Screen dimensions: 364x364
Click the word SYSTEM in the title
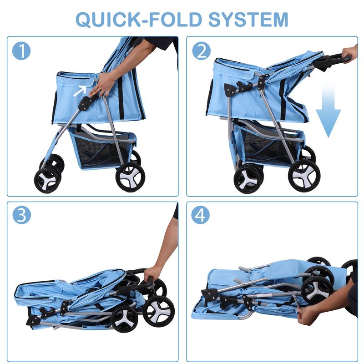(x=248, y=20)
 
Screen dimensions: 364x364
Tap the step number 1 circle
(x=21, y=51)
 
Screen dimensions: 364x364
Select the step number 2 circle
(x=201, y=51)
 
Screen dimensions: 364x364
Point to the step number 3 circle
(x=21, y=215)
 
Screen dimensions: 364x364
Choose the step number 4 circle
(x=200, y=215)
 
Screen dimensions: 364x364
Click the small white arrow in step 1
(x=80, y=91)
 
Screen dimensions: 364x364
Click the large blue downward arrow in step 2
(x=328, y=110)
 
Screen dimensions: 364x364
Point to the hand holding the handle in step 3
(x=152, y=274)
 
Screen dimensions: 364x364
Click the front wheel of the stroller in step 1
(x=48, y=179)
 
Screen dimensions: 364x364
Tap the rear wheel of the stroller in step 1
(x=130, y=177)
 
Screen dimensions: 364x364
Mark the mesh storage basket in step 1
(x=102, y=149)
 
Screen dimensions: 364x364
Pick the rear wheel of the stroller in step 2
(x=304, y=176)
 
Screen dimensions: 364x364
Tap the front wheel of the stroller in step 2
(x=248, y=179)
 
